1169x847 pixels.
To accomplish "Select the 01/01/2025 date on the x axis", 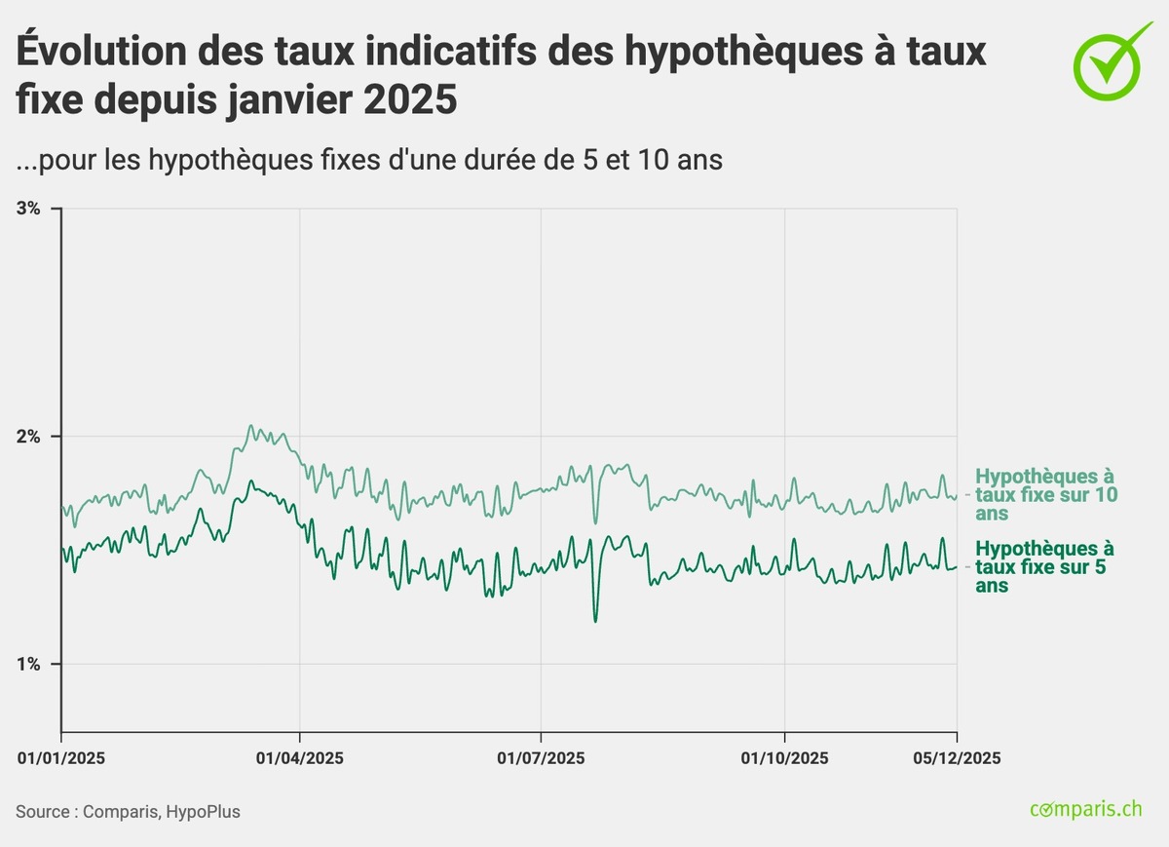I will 60,758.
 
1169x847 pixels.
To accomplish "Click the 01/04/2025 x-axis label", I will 300,758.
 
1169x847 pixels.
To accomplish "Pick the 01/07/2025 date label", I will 541,758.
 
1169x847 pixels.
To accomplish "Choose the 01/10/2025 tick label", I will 785,758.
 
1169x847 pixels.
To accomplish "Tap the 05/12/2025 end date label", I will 957,758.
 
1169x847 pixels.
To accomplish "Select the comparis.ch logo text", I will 1085,810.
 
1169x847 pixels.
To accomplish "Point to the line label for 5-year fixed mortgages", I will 1046,566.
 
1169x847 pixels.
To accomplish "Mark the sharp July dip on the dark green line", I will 595,621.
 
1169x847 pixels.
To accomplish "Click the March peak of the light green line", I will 250,426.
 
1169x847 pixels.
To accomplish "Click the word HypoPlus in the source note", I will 204,812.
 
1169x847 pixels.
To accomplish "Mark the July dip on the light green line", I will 595,522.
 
